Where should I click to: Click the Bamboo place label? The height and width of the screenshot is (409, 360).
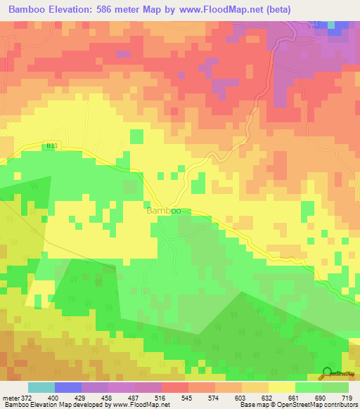(164, 210)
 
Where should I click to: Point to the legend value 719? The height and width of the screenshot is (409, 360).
(347, 398)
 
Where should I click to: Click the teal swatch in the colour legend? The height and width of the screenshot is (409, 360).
(41, 387)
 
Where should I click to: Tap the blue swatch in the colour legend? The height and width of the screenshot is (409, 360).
(67, 387)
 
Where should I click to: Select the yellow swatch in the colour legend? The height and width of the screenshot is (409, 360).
(281, 387)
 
